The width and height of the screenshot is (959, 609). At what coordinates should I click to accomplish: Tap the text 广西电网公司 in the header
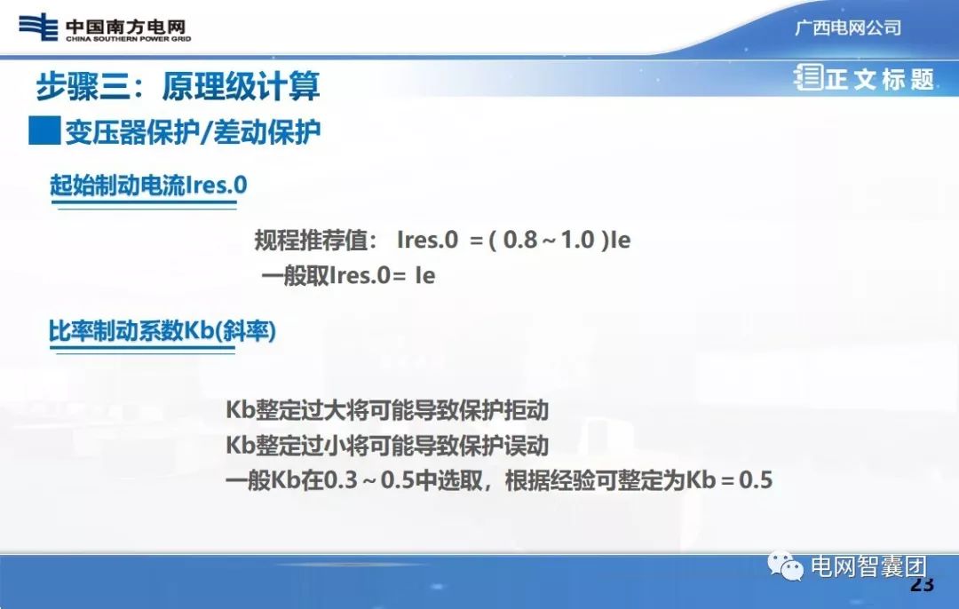(847, 28)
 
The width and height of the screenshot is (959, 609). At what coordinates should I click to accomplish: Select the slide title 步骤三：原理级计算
(178, 87)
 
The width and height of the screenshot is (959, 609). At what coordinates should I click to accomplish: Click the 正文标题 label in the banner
(879, 79)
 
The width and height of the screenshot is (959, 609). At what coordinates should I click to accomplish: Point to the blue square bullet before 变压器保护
(44, 131)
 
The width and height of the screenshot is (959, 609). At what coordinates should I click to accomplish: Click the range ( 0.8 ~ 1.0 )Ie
(559, 240)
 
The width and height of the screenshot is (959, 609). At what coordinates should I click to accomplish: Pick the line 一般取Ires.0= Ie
(348, 275)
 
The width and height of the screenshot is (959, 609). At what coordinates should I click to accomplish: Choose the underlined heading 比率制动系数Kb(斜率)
(162, 332)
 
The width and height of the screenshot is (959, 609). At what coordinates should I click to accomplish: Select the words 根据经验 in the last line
(540, 481)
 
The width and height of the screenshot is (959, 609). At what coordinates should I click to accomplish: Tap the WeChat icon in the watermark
(787, 566)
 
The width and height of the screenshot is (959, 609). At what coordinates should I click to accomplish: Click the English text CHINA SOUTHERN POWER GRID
(128, 39)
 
